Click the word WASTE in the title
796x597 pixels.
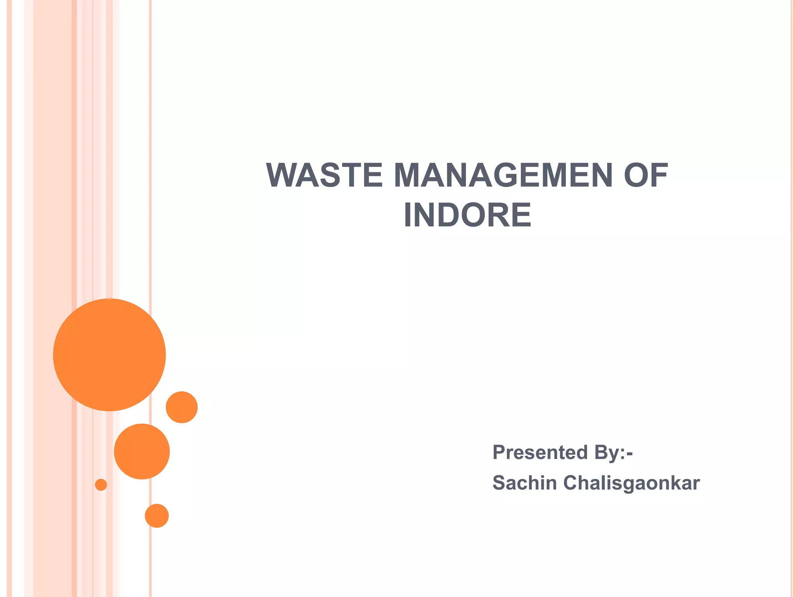324,176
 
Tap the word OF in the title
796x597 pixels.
646,176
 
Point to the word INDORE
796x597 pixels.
467,215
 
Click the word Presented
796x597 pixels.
540,453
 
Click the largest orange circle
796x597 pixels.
110,355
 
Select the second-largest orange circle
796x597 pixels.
142,451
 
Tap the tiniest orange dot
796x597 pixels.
101,485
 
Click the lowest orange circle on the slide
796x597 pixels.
157,516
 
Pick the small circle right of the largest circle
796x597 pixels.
182,407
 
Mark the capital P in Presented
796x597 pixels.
499,452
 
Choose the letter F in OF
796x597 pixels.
660,176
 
